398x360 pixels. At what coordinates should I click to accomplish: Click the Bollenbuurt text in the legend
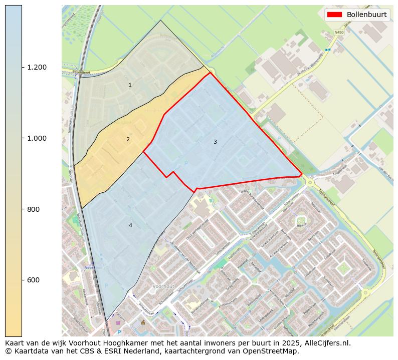366,15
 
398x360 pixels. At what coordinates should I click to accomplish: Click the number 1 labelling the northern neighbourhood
130,85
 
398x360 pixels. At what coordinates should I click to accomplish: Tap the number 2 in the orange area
128,139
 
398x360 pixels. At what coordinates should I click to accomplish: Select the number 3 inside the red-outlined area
215,142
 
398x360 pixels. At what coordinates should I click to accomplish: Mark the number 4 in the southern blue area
130,226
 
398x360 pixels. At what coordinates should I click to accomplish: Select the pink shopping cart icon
118,323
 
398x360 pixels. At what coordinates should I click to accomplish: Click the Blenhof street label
301,225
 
